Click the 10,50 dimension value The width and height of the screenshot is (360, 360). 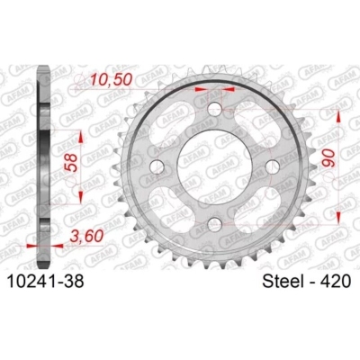coord(110,80)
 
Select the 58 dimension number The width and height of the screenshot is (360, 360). coord(69,163)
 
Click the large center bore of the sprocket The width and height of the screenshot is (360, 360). coord(214,166)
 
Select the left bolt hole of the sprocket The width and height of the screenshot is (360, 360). coord(158,166)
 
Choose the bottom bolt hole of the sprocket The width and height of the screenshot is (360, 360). coord(214,222)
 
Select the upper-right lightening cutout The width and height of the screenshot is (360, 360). coord(255,126)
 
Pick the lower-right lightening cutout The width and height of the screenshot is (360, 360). coord(255,207)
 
